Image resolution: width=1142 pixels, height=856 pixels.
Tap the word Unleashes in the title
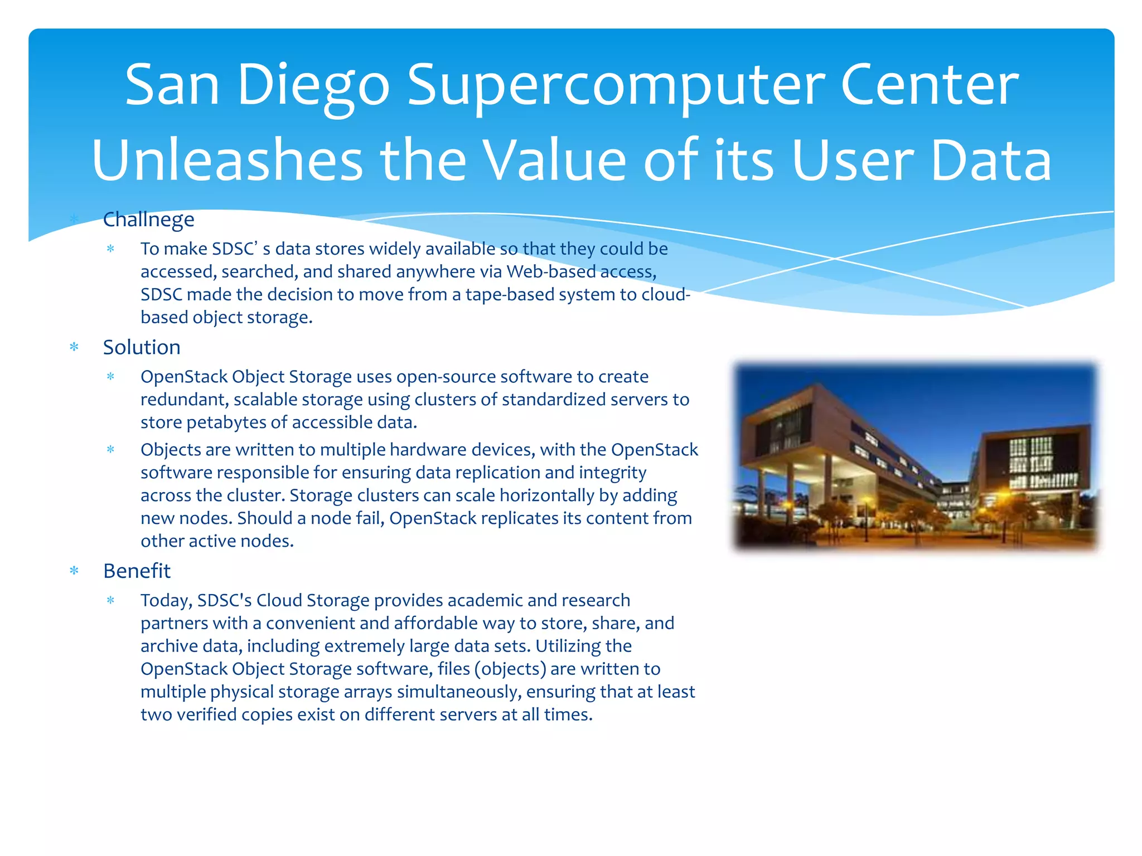228,161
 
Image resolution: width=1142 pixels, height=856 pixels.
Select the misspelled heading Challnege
148,220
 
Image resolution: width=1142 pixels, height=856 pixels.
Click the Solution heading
142,347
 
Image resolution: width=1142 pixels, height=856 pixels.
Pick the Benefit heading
137,571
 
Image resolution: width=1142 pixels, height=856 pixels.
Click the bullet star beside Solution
74,347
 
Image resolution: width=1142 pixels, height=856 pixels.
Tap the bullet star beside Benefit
74,571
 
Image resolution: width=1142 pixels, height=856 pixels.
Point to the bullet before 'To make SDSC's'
110,249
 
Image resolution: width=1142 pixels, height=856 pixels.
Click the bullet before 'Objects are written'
110,450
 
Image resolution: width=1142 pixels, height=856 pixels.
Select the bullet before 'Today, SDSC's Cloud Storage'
110,600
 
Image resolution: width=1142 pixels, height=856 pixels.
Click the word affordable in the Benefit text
436,623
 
